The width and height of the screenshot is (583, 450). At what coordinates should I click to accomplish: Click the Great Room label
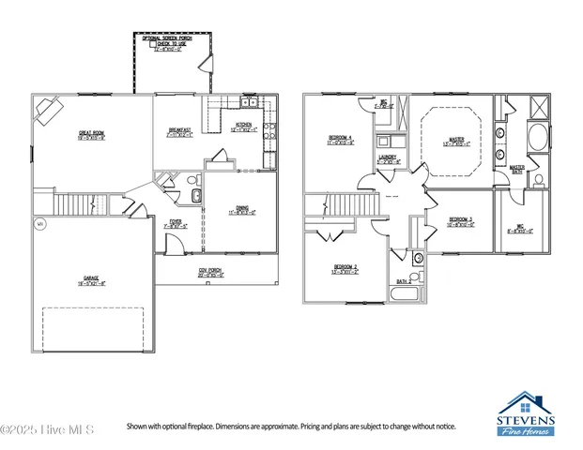pyautogui.click(x=91, y=137)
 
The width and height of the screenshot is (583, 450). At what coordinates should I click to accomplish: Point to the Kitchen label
pyautogui.click(x=242, y=128)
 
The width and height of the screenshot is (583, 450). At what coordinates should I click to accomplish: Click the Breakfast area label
pyautogui.click(x=180, y=132)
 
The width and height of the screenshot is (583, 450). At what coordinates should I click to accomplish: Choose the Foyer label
pyautogui.click(x=176, y=225)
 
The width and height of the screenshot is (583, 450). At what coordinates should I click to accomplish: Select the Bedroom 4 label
pyautogui.click(x=341, y=141)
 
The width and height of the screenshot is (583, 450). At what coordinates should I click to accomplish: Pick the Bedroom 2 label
pyautogui.click(x=345, y=269)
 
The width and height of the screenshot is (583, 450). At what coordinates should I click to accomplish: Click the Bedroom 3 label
pyautogui.click(x=459, y=223)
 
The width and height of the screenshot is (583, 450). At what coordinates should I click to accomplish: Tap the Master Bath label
pyautogui.click(x=516, y=169)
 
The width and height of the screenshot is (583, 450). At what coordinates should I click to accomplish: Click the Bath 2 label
pyautogui.click(x=402, y=280)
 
